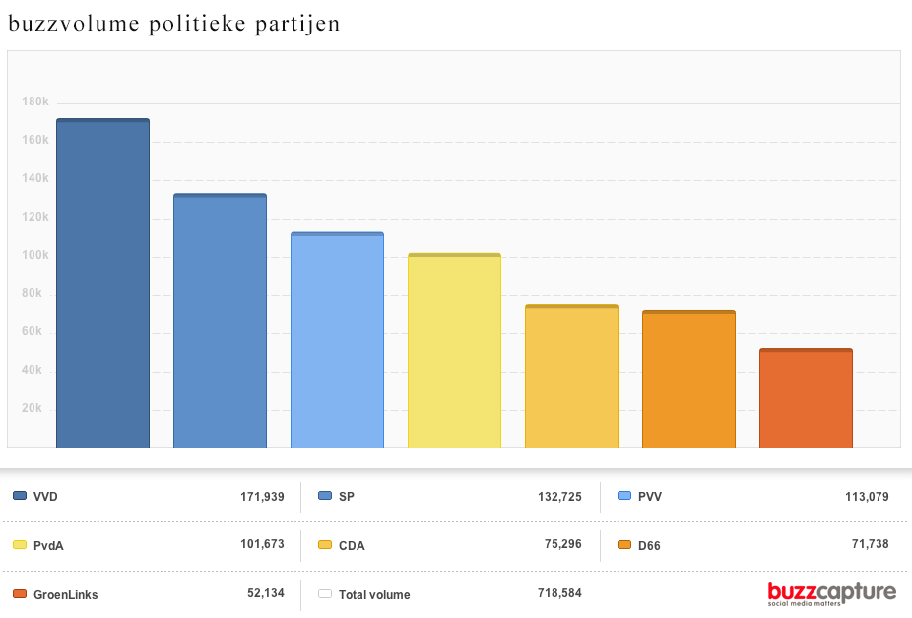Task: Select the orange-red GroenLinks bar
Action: [x=806, y=398]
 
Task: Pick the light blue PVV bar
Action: [x=337, y=340]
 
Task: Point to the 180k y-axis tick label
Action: [x=35, y=102]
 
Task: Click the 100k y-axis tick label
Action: [x=35, y=255]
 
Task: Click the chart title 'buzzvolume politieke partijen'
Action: [x=174, y=24]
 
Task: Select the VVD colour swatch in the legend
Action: [x=20, y=496]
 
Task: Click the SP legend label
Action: [x=346, y=496]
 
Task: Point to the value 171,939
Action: [x=262, y=496]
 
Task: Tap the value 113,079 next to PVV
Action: [x=867, y=496]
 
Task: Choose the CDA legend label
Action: [x=352, y=545]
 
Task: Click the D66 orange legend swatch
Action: [x=623, y=545]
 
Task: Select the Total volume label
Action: [x=374, y=594]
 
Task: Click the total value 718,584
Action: [x=558, y=593]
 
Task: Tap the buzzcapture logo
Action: [x=831, y=592]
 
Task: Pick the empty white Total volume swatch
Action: [x=324, y=594]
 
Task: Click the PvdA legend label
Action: [x=49, y=545]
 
